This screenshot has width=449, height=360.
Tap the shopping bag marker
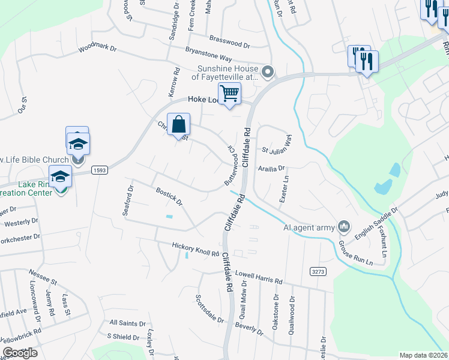pyautogui.click(x=179, y=124)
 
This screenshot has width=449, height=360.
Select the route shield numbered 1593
pyautogui.click(x=99, y=171)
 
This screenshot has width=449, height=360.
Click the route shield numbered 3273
pyautogui.click(x=318, y=272)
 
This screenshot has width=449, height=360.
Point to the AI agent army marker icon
pyautogui.click(x=344, y=226)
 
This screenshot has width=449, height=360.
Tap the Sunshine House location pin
pyautogui.click(x=268, y=73)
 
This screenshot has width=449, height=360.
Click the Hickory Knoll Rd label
pyautogui.click(x=195, y=247)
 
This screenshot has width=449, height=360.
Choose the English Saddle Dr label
pyautogui.click(x=376, y=224)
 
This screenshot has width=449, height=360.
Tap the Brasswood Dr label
pyautogui.click(x=230, y=44)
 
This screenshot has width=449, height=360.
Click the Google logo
pyautogui.click(x=19, y=353)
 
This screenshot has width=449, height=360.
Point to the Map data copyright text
pyautogui.click(x=423, y=355)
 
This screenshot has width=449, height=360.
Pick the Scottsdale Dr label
pyautogui.click(x=209, y=308)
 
